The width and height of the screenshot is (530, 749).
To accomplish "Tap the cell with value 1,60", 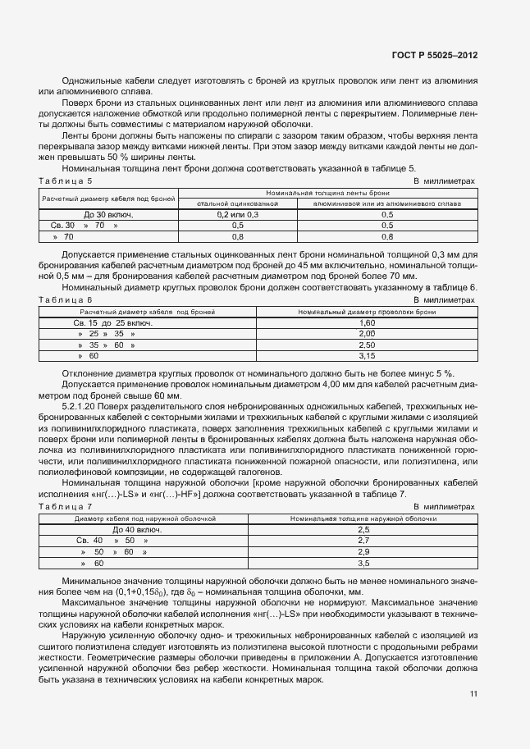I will [367, 323].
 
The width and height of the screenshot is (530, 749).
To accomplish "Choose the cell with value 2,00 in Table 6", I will [367, 334].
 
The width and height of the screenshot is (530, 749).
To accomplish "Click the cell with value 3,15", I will [367, 356].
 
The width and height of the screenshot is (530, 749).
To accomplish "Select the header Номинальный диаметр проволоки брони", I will [367, 313].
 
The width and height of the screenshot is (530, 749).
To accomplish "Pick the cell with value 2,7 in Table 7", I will [365, 541].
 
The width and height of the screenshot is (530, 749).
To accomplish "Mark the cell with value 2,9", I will [365, 552].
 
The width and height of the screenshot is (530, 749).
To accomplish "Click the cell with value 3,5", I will [365, 564].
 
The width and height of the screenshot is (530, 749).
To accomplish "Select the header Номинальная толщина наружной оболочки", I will [365, 519].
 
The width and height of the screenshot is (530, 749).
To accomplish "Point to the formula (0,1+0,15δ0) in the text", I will [134, 591].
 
